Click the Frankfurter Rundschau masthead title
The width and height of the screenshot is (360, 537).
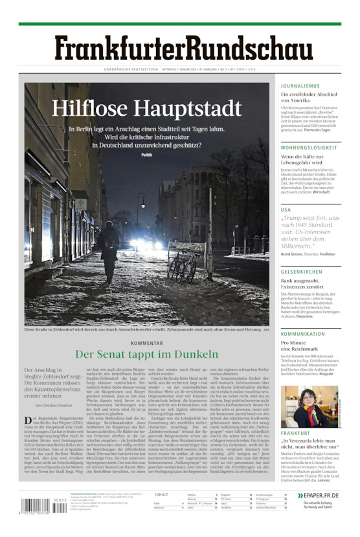[x=179, y=49]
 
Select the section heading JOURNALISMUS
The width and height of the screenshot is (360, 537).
[x=300, y=85]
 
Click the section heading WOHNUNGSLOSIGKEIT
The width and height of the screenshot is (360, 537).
[x=309, y=148]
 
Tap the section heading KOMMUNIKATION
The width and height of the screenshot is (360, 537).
[x=303, y=334]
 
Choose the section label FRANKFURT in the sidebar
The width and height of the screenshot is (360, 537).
[x=295, y=433]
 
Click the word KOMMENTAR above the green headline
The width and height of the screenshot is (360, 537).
[x=146, y=343]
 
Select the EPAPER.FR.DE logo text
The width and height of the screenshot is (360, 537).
[x=321, y=496]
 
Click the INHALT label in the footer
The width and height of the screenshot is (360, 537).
[x=161, y=495]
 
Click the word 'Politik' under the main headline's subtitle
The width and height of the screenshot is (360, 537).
[x=146, y=155]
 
